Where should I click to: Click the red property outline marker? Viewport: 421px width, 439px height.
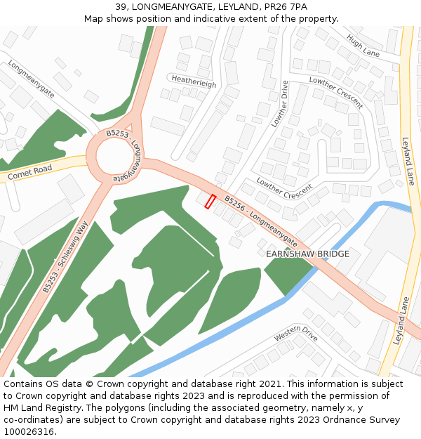pos(210,202)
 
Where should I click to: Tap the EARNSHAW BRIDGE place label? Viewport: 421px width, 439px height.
pos(307,254)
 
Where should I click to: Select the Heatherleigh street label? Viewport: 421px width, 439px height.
pos(194,82)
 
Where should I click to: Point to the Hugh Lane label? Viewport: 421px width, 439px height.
pos(363,47)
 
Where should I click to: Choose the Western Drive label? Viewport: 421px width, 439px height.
pos(296,333)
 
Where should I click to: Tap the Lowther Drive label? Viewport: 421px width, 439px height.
pos(280,104)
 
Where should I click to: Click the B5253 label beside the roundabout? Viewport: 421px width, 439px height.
pos(118,133)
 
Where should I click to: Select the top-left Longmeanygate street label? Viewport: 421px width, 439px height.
pos(32,79)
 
